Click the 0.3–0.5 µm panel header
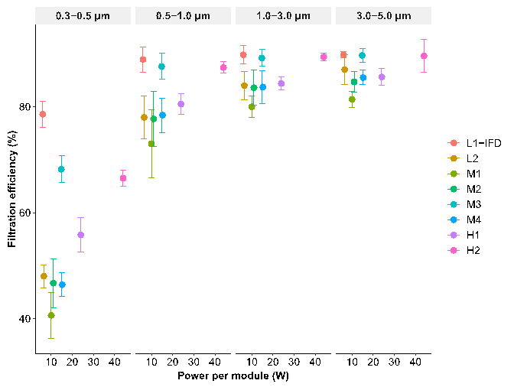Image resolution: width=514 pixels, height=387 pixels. [83, 16]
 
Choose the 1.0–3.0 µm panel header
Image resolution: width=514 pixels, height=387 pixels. [283, 16]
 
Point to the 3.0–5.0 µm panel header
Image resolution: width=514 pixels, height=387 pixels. [383, 16]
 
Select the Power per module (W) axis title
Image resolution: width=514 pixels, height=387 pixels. [233, 376]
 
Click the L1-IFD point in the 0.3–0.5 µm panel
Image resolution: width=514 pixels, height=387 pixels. [43, 114]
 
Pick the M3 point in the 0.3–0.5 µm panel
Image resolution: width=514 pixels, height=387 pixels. [61, 169]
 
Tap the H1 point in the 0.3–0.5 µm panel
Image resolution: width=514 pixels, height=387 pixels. [81, 235]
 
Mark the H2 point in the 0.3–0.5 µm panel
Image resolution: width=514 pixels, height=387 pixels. [123, 178]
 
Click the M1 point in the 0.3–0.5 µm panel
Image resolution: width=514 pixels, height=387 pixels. [51, 315]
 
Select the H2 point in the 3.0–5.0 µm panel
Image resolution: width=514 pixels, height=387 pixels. [424, 56]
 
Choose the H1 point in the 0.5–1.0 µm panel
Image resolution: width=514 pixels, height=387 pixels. [181, 104]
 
